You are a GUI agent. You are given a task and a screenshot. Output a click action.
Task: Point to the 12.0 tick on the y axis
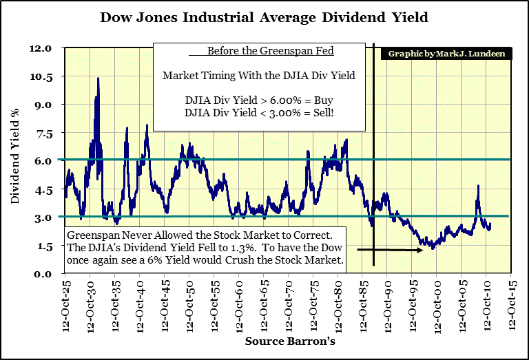click(41, 49)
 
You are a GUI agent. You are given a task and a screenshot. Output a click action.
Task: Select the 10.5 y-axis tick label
click(41, 77)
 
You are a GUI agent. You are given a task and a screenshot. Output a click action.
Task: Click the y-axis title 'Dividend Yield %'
click(14, 161)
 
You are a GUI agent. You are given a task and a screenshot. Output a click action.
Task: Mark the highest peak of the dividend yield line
click(98, 78)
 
